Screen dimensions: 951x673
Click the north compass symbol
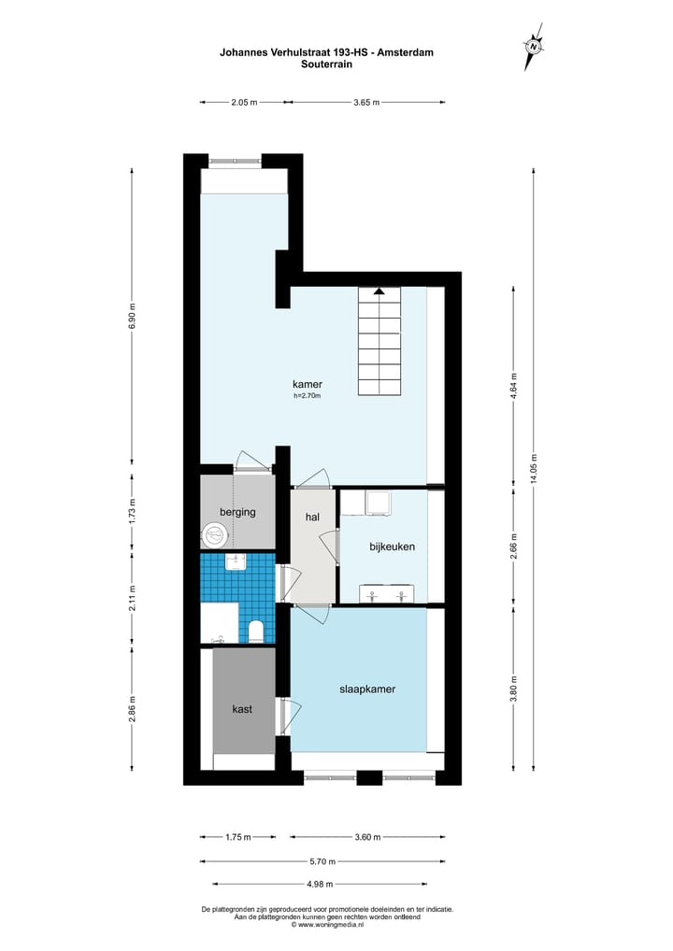pyautogui.click(x=533, y=45)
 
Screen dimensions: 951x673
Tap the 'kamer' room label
pyautogui.click(x=308, y=384)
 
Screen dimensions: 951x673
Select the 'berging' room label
pyautogui.click(x=237, y=512)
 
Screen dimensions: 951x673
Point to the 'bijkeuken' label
pyautogui.click(x=392, y=546)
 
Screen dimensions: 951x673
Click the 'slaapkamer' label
pyautogui.click(x=366, y=689)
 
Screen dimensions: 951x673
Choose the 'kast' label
pyautogui.click(x=242, y=709)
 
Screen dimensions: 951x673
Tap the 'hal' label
pyautogui.click(x=313, y=517)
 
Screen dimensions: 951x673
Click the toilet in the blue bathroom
pyautogui.click(x=255, y=632)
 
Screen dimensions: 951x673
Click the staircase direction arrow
pyautogui.click(x=379, y=291)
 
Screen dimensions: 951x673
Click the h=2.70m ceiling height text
pyautogui.click(x=307, y=396)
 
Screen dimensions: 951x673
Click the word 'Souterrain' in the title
pyautogui.click(x=326, y=64)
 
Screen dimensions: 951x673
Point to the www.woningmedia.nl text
pyautogui.click(x=326, y=925)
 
